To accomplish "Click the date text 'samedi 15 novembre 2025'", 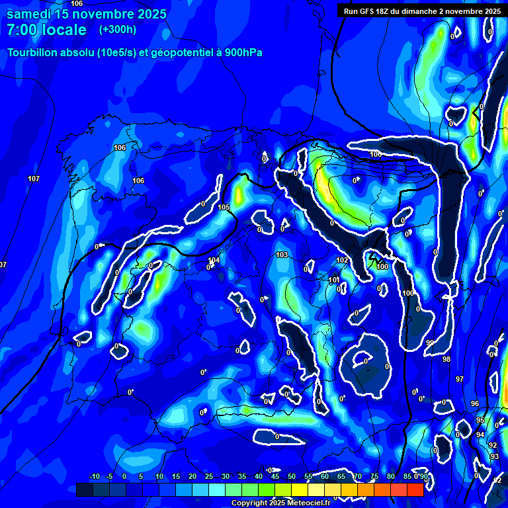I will tap(87, 14).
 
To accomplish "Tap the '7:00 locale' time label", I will tap(46, 30).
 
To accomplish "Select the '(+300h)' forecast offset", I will tap(118, 30).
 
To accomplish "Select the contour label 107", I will tap(34, 179).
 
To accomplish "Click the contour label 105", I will tap(224, 208).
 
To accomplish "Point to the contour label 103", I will tap(282, 255).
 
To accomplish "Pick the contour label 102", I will tap(342, 261).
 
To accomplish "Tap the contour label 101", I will tap(334, 280).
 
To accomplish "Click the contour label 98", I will tap(446, 359).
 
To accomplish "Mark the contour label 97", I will tap(460, 379).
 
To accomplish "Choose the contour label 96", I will tap(474, 403).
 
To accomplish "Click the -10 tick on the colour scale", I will tap(94, 476).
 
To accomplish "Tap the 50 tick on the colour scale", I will tap(292, 476).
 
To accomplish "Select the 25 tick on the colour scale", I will tap(209, 476).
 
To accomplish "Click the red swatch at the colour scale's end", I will tap(415, 489).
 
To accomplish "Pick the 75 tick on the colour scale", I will tap(374, 476).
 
